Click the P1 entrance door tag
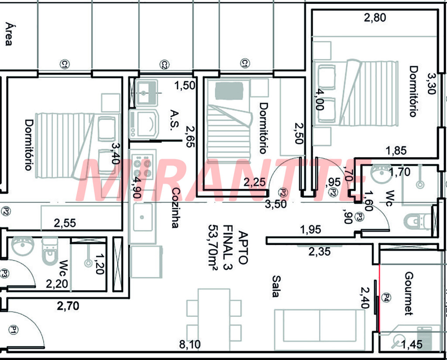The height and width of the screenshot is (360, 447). pyautogui.click(x=13, y=330)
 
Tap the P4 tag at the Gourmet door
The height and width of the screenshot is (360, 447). pyautogui.click(x=387, y=298)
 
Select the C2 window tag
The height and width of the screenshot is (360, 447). pyautogui.click(x=164, y=65)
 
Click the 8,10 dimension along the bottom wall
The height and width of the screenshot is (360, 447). pyautogui.click(x=190, y=345)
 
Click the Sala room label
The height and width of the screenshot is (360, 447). pyautogui.click(x=275, y=286)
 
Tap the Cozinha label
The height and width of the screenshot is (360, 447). pyautogui.click(x=175, y=208)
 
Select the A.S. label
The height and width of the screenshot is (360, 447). pyautogui.click(x=175, y=120)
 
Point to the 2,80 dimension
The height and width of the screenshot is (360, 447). pyautogui.click(x=375, y=17)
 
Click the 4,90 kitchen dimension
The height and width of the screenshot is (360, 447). pyautogui.click(x=138, y=188)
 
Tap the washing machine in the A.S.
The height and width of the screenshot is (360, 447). pyautogui.click(x=143, y=123)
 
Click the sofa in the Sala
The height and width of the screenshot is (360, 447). pyautogui.click(x=320, y=329)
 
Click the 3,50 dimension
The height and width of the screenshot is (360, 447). pyautogui.click(x=276, y=204)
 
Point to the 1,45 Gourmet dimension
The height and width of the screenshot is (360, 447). pyautogui.click(x=412, y=344)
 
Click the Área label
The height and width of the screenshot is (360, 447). pyautogui.click(x=9, y=34)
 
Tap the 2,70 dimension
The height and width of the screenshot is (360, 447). pyautogui.click(x=68, y=306)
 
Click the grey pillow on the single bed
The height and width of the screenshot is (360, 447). pyautogui.click(x=229, y=91)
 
